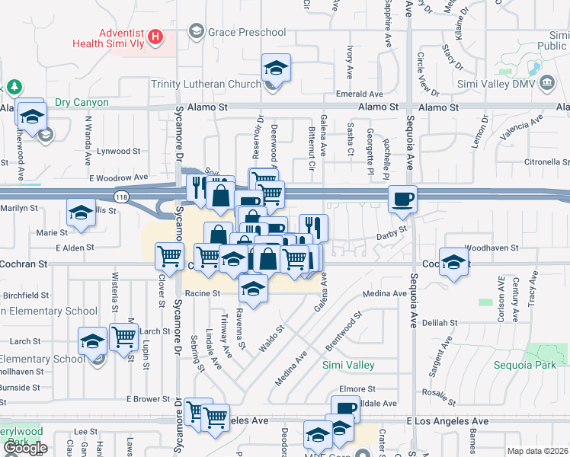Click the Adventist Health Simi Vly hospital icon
155,37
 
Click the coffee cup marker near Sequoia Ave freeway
402,200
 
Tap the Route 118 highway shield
121,197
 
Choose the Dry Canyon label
82,103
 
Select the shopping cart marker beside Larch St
123,336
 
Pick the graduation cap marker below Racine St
254,289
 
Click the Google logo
24,449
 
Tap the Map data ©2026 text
536,451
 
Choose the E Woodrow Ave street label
118,177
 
